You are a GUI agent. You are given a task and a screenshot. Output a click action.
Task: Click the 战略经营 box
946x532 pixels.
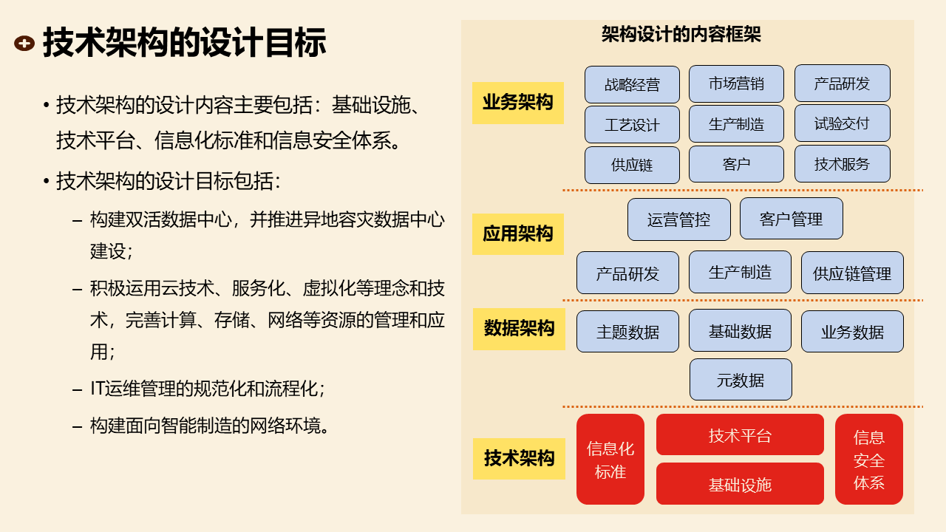632,84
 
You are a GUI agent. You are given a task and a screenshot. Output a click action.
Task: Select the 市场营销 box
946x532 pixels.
736,83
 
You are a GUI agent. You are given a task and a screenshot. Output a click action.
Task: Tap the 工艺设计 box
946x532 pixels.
632,124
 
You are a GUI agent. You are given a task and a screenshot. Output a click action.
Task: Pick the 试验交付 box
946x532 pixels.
842,123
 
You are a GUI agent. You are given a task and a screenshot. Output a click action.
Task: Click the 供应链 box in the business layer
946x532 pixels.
632,165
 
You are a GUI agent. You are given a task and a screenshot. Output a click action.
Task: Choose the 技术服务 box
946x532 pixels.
842,164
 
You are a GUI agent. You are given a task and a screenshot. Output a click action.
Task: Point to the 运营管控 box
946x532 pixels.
678,219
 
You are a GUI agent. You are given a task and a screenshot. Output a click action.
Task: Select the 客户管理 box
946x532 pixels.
791,219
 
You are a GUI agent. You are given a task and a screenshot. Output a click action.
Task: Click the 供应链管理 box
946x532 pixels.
852,273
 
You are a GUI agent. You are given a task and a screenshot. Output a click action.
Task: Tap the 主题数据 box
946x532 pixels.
627,332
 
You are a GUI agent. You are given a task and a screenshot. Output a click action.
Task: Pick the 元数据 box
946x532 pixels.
741,380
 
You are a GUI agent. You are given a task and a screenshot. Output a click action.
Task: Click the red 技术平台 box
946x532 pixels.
740,434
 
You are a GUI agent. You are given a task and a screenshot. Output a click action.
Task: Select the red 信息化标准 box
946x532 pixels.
610,460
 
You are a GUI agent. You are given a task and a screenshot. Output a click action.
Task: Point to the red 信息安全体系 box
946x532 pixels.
869,460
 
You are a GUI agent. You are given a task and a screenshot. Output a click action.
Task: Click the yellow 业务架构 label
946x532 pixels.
517,103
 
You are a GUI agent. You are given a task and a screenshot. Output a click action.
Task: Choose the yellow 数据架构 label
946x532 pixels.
519,329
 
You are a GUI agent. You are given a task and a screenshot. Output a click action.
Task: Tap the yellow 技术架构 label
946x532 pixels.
519,458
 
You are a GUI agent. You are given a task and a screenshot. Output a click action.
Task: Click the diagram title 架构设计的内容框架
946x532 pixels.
681,34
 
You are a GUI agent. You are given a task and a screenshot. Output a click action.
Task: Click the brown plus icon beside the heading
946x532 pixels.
24,44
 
